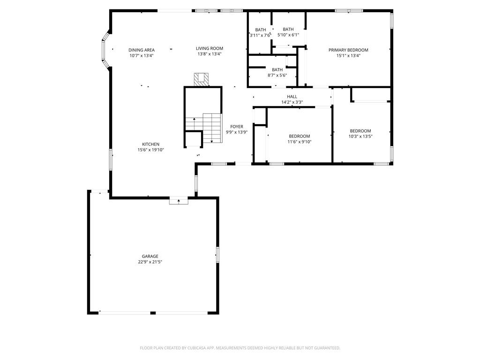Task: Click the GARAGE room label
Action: point(150,256)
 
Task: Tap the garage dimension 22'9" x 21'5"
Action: point(150,262)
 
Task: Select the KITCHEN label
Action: point(151,144)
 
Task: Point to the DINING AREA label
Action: point(142,50)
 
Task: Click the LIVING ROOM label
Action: point(209,48)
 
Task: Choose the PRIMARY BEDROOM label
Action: point(348,50)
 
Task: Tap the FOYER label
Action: point(236,127)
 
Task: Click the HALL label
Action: point(292,97)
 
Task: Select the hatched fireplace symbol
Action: point(202,78)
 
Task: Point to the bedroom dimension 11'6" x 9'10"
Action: point(299,142)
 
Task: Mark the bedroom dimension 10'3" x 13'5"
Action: point(360,136)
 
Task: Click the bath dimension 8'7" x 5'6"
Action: point(277,75)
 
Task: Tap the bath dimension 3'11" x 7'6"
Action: point(260,35)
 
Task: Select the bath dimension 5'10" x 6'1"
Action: point(288,35)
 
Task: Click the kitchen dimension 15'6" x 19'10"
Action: point(151,150)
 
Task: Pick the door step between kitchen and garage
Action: point(179,201)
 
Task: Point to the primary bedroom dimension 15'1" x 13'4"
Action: point(348,56)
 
